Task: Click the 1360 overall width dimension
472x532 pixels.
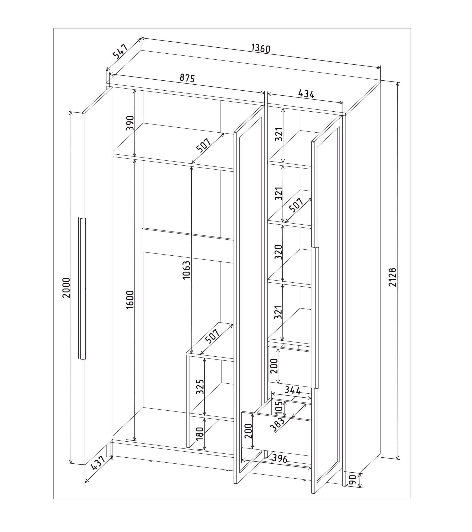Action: point(261,48)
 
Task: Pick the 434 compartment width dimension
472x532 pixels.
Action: point(306,94)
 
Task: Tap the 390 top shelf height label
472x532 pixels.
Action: point(130,123)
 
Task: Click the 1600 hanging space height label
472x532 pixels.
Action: point(130,300)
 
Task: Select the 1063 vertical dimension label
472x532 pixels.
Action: point(186,270)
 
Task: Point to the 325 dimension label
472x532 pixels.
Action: point(200,387)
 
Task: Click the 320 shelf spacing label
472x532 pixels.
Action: point(279,252)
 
